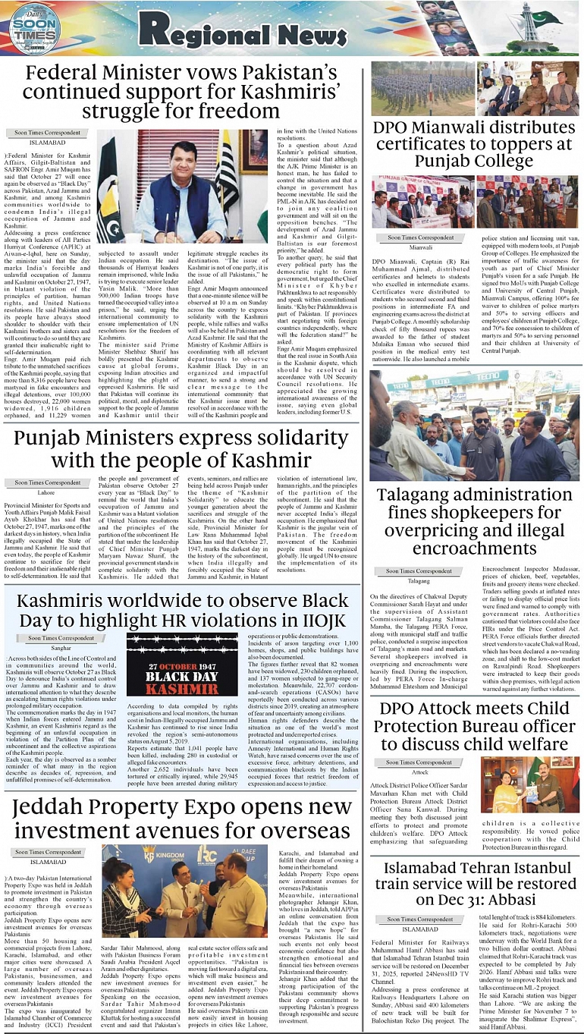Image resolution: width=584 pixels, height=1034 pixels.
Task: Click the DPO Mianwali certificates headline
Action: pyautogui.click(x=473, y=144)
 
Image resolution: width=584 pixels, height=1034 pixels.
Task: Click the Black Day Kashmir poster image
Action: pyautogui.click(x=182, y=665)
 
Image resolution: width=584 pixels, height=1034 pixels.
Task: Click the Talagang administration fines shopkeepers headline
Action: pyautogui.click(x=474, y=522)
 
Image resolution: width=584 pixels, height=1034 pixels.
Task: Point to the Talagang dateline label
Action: pyautogui.click(x=419, y=580)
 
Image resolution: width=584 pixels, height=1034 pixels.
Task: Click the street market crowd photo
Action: pyautogui.click(x=474, y=426)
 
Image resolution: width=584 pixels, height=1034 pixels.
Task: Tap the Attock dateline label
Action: pyautogui.click(x=419, y=772)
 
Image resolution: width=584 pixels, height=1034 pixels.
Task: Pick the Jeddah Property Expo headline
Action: pyautogui.click(x=182, y=819)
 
